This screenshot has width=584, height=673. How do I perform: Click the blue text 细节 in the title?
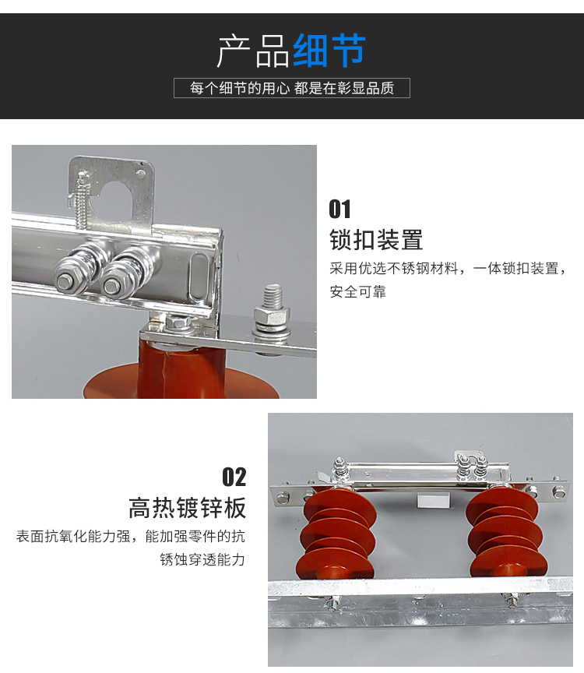pos(329,51)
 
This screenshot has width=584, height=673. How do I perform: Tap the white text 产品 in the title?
pos(253,51)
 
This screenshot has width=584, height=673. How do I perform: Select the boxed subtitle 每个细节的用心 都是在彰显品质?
pos(292,88)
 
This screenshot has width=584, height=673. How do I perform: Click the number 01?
pos(339,209)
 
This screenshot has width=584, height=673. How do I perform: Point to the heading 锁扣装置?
pos(376,239)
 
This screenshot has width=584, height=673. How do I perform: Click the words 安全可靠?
pos(358,292)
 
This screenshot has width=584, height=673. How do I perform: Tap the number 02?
pos(234,477)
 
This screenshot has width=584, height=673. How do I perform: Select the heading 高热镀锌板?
pos(188,508)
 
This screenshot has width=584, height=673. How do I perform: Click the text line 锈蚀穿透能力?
pos(202,560)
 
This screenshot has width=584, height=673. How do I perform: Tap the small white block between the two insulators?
pos(434,500)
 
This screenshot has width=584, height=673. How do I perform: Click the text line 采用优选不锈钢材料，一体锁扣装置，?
pos(448,269)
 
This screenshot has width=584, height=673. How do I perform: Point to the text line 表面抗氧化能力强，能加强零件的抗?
pos(131,536)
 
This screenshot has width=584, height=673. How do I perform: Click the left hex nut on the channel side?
pos(65,281)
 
